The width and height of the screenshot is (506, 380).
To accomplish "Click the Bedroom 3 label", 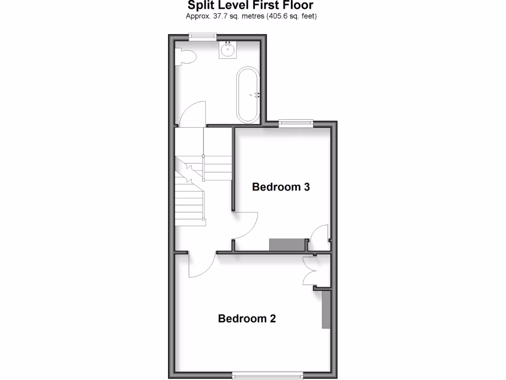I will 281,187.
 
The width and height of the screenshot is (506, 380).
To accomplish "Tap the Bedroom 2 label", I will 247,319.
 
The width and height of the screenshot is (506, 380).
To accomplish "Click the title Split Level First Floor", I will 251,5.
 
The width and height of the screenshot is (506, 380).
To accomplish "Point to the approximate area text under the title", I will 251,16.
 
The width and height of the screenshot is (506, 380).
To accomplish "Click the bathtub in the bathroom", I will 248,95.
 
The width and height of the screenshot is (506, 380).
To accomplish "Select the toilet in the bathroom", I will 186,57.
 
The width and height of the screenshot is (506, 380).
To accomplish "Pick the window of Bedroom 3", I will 295,122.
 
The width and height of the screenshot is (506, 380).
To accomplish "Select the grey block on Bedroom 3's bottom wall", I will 287,244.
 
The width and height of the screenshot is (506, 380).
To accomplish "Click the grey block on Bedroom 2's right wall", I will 326,309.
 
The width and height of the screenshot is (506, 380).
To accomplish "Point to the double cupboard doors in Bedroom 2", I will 311,271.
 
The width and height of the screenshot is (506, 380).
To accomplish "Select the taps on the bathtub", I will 257,95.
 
